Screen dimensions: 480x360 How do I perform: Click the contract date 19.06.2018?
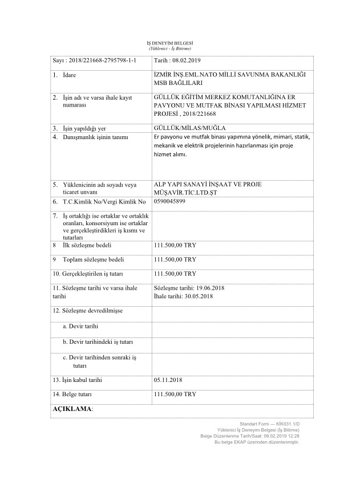209,288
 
